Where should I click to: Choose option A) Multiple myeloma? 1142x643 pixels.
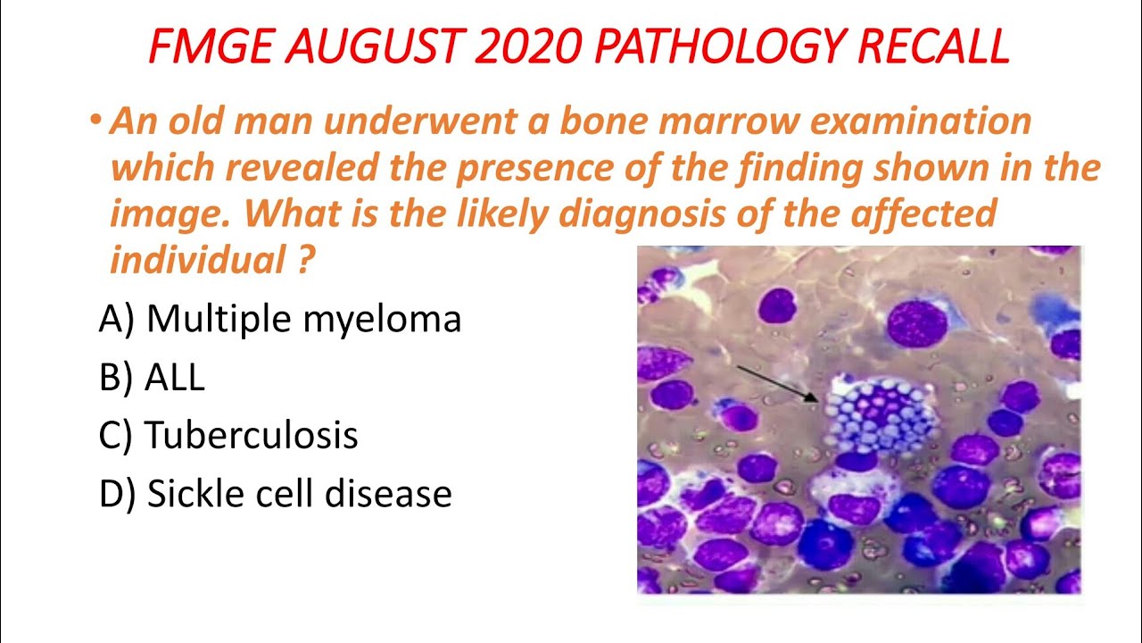point(280,319)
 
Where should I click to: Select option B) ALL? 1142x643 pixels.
point(153,378)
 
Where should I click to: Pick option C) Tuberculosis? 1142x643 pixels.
point(229,436)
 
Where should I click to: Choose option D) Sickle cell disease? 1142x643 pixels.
point(276,494)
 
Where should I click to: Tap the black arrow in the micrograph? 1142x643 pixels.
point(775,381)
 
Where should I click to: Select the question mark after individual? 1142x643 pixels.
point(306,261)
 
